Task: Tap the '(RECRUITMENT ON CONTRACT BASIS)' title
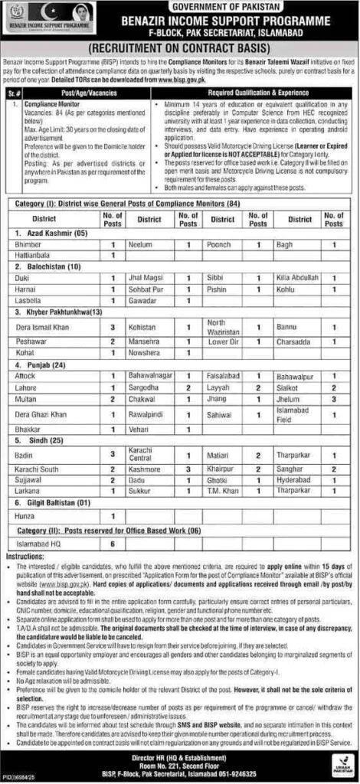(179, 47)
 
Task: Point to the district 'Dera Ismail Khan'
(44, 328)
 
